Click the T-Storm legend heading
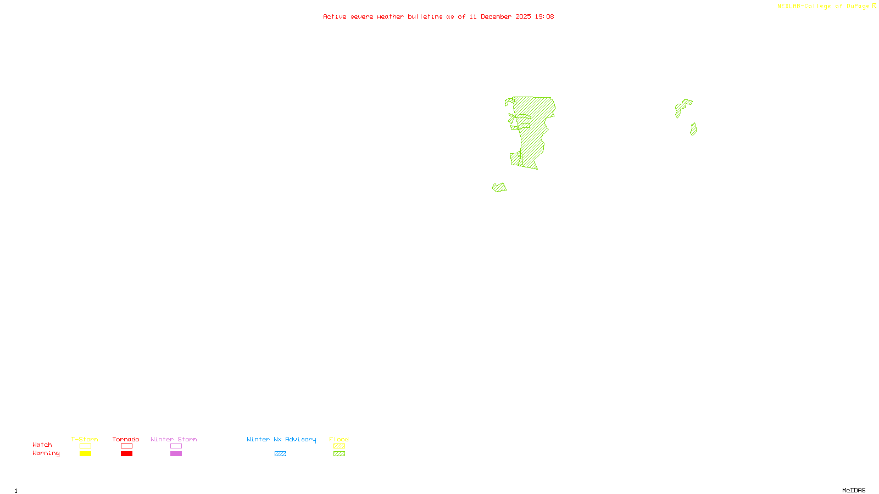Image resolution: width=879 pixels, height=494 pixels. [85, 439]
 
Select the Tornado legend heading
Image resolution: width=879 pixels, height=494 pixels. [126, 439]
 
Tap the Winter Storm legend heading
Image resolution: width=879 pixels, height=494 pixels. [174, 439]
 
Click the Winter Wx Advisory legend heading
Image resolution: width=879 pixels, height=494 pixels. [281, 439]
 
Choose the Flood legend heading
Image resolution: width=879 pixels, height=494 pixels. [339, 439]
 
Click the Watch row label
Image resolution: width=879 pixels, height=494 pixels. [42, 445]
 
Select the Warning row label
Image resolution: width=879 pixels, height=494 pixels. [46, 453]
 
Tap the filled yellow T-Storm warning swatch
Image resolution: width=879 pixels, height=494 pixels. [85, 454]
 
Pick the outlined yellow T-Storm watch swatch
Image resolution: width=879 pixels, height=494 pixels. [85, 446]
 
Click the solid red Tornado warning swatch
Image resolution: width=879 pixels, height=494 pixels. [127, 454]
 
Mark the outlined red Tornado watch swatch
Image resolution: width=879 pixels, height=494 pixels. [127, 446]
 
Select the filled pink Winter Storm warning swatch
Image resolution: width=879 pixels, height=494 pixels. [176, 454]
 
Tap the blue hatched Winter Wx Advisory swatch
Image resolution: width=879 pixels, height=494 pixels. [280, 454]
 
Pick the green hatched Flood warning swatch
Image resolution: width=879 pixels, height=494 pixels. [340, 454]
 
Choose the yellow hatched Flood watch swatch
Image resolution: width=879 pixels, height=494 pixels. [340, 446]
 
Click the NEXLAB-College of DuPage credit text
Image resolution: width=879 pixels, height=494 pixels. [826, 7]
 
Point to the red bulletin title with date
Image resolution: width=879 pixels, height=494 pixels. [438, 16]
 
